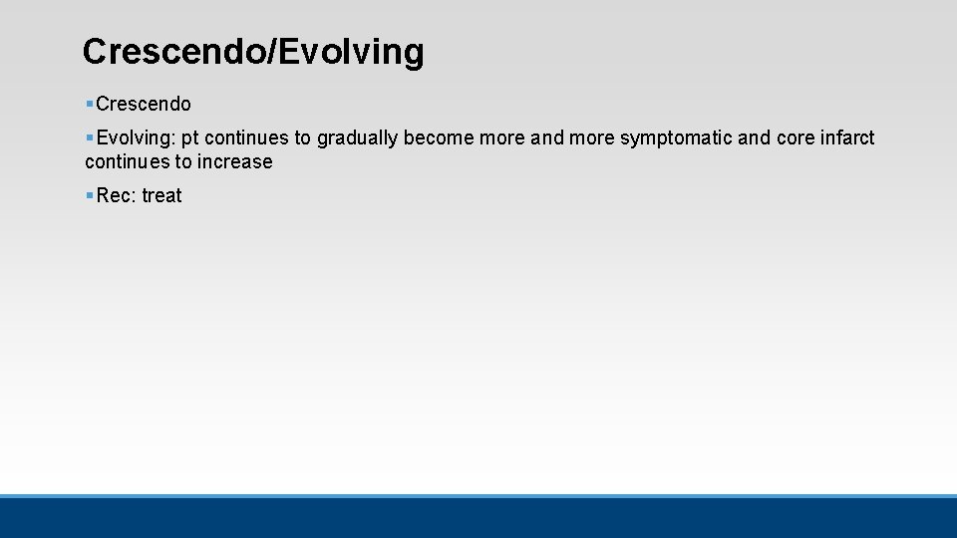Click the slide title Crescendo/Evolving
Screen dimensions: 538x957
(253, 52)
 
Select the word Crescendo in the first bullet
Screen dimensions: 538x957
(144, 104)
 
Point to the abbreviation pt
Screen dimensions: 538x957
(189, 137)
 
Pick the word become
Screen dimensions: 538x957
(439, 137)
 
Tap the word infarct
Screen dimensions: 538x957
(847, 137)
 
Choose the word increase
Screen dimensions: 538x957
(235, 161)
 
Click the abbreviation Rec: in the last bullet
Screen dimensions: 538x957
(116, 195)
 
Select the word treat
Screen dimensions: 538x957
(161, 195)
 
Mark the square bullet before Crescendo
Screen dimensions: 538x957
(90, 104)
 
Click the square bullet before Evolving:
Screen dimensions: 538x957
(90, 137)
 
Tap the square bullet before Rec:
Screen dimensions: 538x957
(90, 195)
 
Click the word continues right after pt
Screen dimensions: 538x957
(246, 137)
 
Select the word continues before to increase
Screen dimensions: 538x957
(128, 161)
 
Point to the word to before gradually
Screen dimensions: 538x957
(302, 137)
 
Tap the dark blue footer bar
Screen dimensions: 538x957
(478, 518)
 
